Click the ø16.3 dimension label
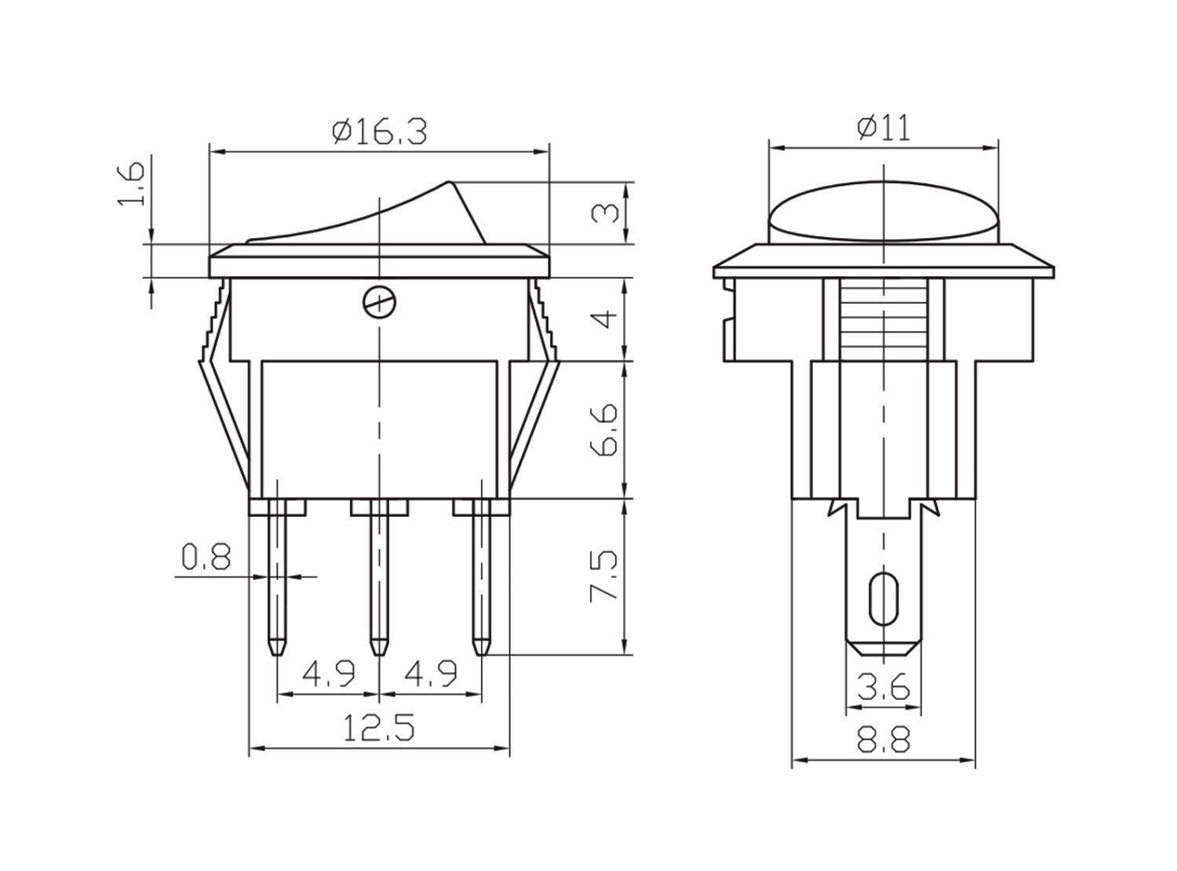379,131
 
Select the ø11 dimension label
883,128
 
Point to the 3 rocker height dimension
605,213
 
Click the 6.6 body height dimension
604,429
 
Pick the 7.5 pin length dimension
604,575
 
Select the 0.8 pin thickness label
206,556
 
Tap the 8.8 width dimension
884,738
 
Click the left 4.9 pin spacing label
329,674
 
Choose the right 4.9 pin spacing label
430,674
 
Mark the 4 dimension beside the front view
606,319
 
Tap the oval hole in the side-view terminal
884,598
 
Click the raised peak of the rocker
449,183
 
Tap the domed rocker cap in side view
884,213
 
